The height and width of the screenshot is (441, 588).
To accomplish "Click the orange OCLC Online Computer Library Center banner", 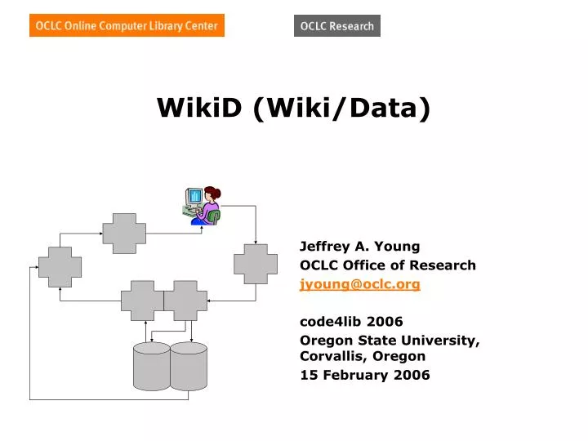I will pos(127,26).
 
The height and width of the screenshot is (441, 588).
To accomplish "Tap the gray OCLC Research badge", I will pos(336,26).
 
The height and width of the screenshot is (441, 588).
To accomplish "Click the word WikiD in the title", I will pos(200,107).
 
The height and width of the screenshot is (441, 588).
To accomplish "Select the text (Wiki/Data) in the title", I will pos(341,107).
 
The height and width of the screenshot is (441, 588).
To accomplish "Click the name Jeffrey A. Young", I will pos(359,246).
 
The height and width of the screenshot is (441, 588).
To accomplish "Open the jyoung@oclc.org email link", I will pos(360,284).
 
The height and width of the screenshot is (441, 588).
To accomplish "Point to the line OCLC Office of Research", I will pos(388,265).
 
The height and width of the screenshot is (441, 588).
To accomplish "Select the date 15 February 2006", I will pos(364,375).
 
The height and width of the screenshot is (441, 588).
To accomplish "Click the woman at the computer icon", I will pos(203,206).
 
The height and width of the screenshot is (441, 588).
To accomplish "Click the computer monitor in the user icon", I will pos(194,197).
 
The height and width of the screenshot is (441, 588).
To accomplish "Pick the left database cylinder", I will pos(151,366).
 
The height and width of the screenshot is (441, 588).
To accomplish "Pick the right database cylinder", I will pos(189,366).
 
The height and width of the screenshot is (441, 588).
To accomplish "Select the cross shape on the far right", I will pos(256,262).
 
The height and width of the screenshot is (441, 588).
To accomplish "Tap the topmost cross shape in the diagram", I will pos(123,234).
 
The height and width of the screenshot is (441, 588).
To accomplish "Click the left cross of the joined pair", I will pos(142,301).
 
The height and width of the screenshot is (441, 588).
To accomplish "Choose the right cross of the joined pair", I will pos(185,301).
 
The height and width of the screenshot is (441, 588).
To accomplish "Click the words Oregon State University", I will pos(388,341).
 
